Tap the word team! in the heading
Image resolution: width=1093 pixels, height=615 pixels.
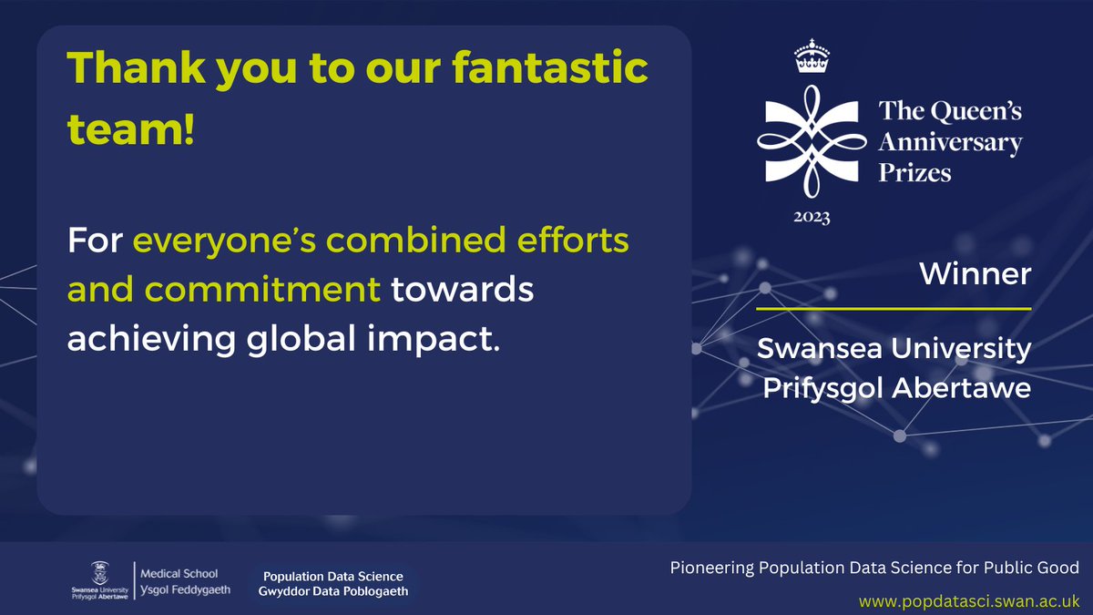coord(131,131)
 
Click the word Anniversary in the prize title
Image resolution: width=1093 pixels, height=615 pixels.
coord(950,142)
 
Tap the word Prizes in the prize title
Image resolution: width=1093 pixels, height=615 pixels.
coord(914,172)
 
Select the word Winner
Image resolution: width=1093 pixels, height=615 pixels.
coord(975,274)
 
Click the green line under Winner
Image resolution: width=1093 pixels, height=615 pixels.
coord(894,309)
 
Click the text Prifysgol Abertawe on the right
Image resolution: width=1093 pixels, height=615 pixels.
coord(896,388)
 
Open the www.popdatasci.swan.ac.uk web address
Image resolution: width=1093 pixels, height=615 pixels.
coord(969,600)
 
